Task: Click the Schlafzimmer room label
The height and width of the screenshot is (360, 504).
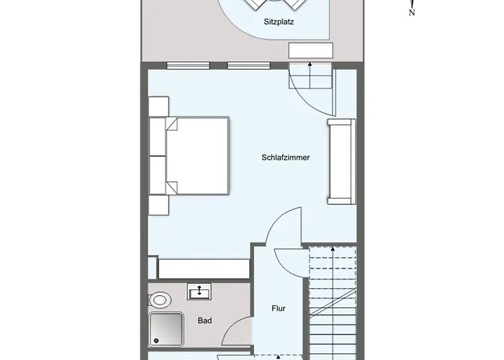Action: click(285, 158)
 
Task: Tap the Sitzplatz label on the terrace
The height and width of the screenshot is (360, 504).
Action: click(279, 22)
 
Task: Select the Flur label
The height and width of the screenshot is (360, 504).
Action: click(279, 308)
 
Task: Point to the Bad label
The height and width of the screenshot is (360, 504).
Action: click(204, 320)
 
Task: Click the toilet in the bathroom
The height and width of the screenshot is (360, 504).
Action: click(159, 300)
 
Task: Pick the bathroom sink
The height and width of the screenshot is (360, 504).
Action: click(199, 292)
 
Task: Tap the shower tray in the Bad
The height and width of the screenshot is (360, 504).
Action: click(166, 330)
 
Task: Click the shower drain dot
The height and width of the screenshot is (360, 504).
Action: click(156, 341)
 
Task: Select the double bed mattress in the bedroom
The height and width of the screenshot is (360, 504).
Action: click(197, 156)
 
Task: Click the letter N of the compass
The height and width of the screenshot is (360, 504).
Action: click(412, 13)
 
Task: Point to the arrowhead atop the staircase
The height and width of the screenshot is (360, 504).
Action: click(333, 249)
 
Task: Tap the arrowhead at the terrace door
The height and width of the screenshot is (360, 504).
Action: click(310, 64)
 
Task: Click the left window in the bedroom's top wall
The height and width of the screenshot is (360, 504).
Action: click(189, 66)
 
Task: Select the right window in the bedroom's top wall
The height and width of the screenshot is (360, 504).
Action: click(249, 66)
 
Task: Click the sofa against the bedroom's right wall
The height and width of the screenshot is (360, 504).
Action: click(342, 162)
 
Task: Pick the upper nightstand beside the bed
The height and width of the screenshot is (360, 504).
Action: click(159, 107)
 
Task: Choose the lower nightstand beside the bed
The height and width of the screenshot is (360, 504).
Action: click(159, 205)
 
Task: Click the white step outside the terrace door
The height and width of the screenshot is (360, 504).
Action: click(310, 50)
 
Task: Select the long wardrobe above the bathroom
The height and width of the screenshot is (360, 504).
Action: click(204, 269)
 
